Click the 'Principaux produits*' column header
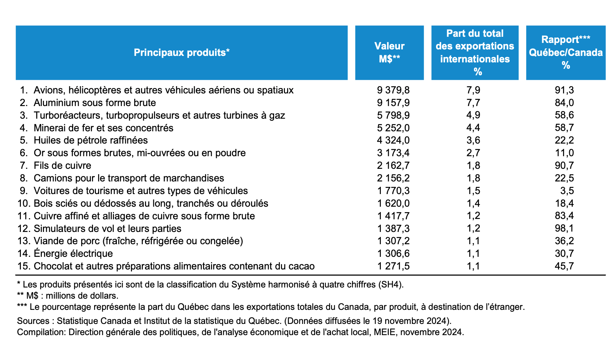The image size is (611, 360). point(181,53)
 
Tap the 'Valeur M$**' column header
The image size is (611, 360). point(389,52)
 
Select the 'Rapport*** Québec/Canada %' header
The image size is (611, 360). point(566,52)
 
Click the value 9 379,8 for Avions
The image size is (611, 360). point(393,90)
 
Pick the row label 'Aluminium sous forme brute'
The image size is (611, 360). point(94,103)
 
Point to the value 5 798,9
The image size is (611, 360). point(393,115)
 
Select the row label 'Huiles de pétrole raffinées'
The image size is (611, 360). point(91,140)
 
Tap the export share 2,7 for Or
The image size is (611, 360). point(473,153)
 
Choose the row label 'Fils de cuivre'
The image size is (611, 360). point(62,166)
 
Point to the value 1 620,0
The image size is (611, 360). point(393,203)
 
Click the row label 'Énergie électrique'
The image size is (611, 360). point(73,254)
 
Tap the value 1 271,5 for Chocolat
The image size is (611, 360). point(393,266)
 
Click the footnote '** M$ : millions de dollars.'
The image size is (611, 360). point(68,296)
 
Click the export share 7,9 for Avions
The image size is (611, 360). point(473,90)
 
